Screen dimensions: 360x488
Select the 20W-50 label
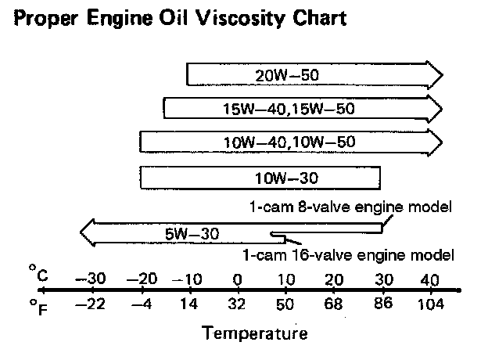[x=289, y=76]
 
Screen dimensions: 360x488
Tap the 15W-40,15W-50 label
[x=289, y=109]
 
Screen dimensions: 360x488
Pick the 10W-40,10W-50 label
[x=289, y=142]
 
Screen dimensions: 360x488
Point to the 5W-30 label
[x=192, y=232]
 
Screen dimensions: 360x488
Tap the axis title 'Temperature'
[x=255, y=334]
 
